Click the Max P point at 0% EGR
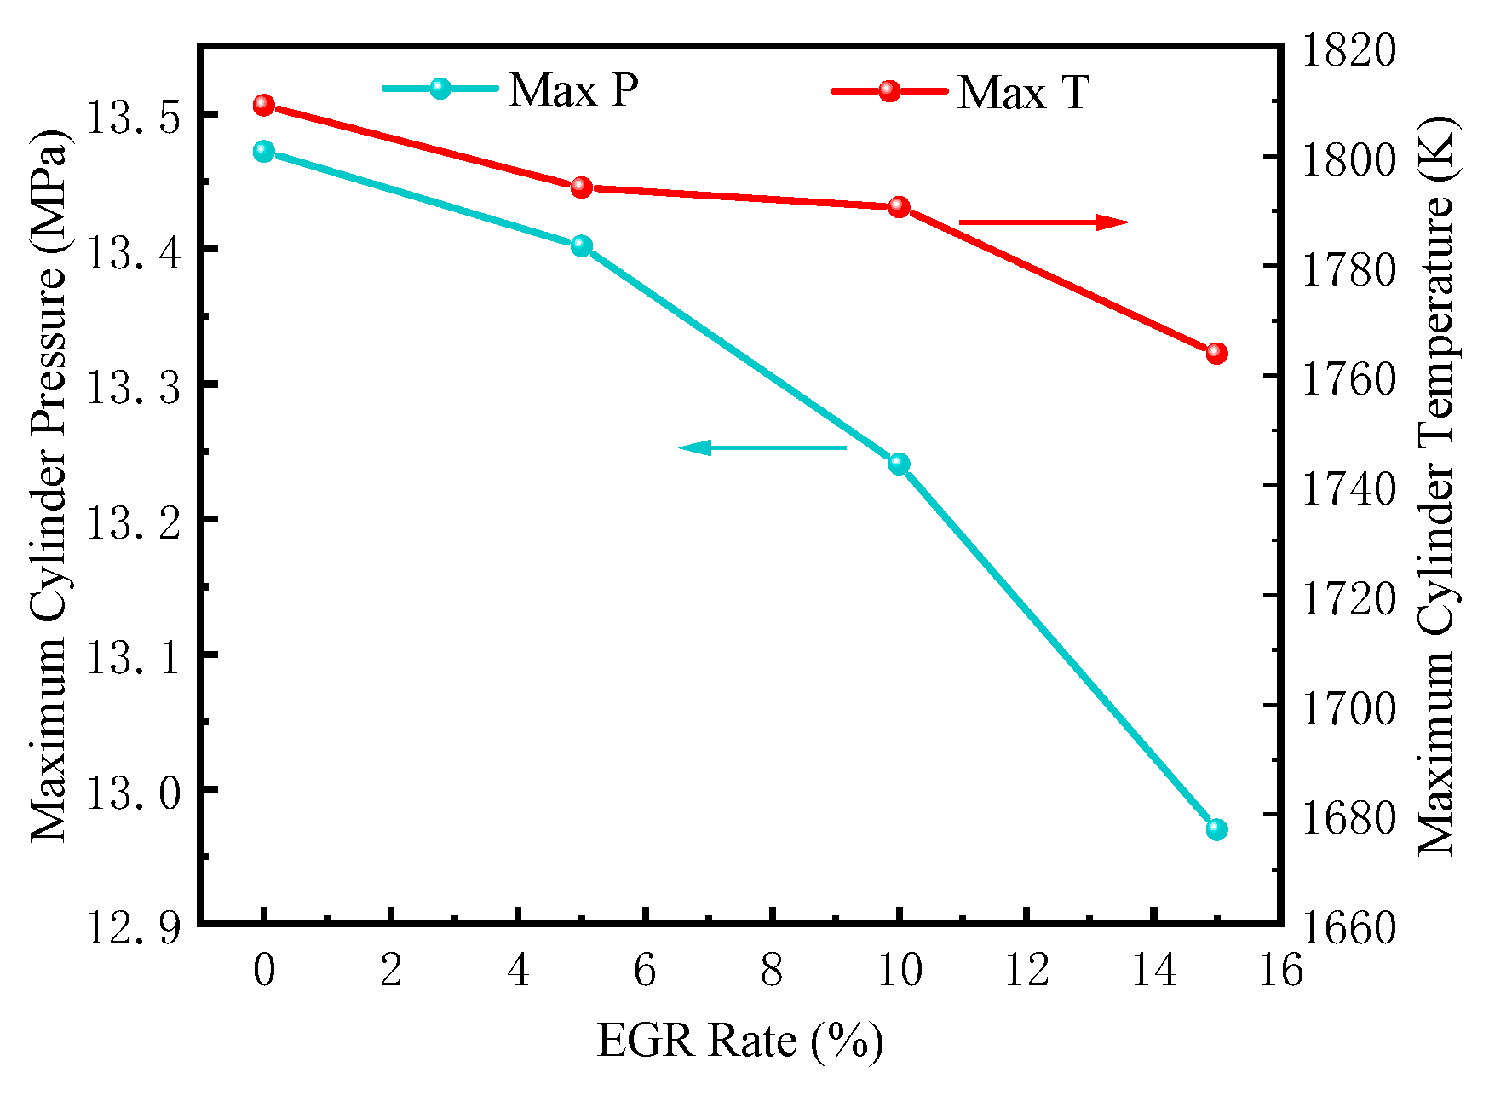tap(264, 152)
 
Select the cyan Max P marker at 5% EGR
tap(582, 246)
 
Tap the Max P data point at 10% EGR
tap(899, 464)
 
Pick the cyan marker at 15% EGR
tap(1216, 829)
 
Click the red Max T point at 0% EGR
tap(264, 105)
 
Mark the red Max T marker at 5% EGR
tap(582, 187)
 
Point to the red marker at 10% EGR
tap(899, 207)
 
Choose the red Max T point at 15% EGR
tap(1216, 353)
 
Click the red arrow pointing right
tap(1043, 222)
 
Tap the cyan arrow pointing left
tap(762, 447)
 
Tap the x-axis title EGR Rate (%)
tap(739, 1041)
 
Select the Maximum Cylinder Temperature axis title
tap(1438, 486)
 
